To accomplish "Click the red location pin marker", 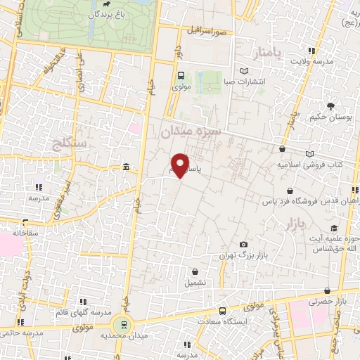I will pos(181,164).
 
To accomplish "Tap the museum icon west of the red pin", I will pos(126,167).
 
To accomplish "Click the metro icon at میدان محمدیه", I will pos(124,324).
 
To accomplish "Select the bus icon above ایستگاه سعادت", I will pos(222,311).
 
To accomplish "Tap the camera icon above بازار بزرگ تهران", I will pos(243,243).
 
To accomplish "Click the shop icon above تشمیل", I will pos(195,271).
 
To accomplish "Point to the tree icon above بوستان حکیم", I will pos(330,107).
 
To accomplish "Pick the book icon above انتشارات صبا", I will pos(244,71).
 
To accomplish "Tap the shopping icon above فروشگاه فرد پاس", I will pos(290,191).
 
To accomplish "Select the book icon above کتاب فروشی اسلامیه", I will pos(309,153).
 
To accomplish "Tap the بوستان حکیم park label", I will pos(330,117).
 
